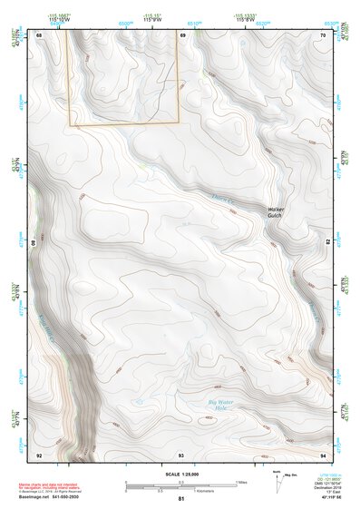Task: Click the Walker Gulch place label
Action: [276, 212]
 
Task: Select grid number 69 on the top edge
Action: [181, 34]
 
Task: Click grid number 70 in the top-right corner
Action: [324, 34]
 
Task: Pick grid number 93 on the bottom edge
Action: [181, 454]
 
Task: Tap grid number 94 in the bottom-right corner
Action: [324, 454]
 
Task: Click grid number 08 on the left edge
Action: [37, 243]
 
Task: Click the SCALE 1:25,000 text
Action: [181, 475]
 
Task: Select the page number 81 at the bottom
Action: [181, 500]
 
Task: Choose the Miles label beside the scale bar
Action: [241, 481]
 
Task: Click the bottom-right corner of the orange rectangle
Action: [179, 122]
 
